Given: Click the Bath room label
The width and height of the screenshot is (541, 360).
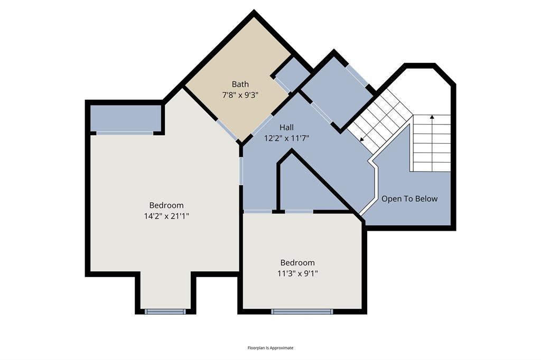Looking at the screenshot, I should pos(240,84).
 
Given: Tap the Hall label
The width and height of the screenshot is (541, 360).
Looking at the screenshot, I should pos(286,127).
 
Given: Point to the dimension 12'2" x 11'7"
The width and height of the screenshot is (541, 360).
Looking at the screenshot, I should pos(286,138).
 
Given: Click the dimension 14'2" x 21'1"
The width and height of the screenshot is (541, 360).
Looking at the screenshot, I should pos(166,216).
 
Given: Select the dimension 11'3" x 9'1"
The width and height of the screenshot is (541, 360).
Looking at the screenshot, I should pos(297,273).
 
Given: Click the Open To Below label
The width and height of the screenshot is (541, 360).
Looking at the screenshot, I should pos(409,199).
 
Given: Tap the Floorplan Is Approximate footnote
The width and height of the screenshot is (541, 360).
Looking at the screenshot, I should pos(270,348).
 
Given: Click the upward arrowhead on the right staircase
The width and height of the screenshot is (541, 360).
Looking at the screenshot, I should pos(432,117).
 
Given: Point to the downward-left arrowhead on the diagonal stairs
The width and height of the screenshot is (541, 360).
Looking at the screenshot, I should pos(362,139).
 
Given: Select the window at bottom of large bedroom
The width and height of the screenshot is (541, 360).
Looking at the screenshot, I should pos(165,311).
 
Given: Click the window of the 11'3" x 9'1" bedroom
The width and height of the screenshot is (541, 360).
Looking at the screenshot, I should pos(302,311).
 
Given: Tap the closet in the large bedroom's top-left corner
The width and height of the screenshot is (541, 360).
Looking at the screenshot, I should pos(125,118).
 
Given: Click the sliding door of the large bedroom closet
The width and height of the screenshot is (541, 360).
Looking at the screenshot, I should pos(125,133).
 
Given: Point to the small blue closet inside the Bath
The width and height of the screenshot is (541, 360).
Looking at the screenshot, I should pos(291,74).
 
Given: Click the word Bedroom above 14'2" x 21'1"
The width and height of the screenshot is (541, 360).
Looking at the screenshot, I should pos(166,205).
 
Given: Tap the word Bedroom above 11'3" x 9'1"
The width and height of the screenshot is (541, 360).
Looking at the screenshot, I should pos(297,262).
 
